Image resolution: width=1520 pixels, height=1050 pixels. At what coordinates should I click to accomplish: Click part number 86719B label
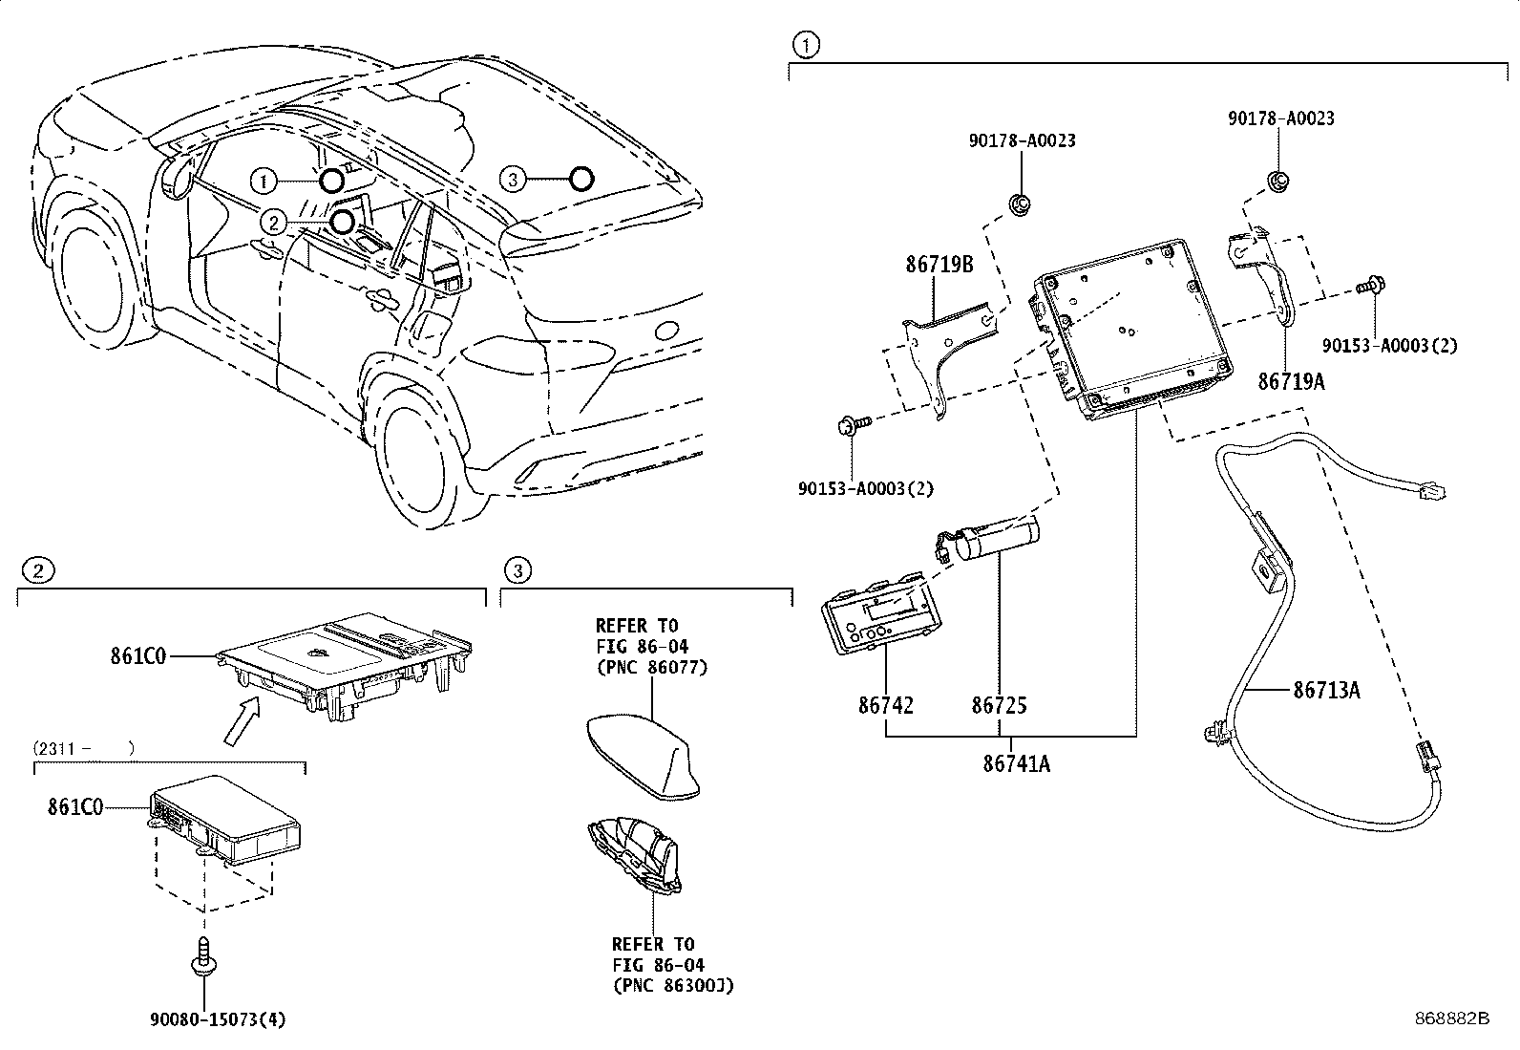[939, 265]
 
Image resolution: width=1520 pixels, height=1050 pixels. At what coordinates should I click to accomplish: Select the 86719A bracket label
[1291, 381]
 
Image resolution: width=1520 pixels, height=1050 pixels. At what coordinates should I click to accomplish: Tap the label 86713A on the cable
[1326, 689]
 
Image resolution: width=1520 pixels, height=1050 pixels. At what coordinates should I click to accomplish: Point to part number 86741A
[1017, 763]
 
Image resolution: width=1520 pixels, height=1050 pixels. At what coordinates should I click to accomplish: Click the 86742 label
[885, 706]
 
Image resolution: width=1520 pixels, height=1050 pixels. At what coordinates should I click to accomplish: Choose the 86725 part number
[999, 706]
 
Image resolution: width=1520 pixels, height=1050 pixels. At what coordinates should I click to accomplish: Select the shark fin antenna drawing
[642, 760]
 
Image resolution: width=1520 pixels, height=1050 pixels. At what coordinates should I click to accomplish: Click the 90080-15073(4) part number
[217, 1019]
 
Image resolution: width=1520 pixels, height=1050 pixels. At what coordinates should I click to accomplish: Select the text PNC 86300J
[672, 985]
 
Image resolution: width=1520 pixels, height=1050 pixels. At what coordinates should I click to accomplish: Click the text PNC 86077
[652, 667]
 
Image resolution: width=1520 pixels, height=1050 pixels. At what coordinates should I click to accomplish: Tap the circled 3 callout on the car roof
[513, 179]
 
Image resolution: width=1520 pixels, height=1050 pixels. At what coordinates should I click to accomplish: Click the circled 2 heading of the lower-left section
[37, 571]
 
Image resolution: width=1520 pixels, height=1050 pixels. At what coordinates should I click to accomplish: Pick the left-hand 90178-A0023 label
[1022, 140]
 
